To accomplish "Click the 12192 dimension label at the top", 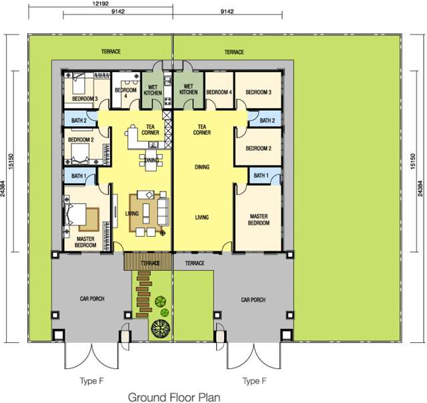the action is (x=101, y=4).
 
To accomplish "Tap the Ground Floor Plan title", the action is (x=174, y=397).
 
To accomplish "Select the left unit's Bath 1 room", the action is (x=80, y=176).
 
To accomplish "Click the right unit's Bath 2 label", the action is (x=267, y=120).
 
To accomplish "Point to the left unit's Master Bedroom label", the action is (x=85, y=242).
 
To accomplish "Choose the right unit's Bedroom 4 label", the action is (x=219, y=92).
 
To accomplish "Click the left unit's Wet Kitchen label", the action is (x=153, y=90).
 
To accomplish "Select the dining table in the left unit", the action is (x=151, y=161).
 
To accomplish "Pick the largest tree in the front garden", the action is (x=160, y=328).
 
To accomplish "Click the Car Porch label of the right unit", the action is (x=253, y=300).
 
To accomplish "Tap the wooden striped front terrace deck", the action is (x=148, y=262).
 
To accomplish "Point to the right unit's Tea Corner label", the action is (x=201, y=129).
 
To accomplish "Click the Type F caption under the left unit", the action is (x=91, y=381).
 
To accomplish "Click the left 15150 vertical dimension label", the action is (x=11, y=161).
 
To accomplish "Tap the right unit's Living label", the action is (x=201, y=218).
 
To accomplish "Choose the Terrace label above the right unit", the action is (x=234, y=52).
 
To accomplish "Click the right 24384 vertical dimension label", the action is (x=420, y=188).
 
